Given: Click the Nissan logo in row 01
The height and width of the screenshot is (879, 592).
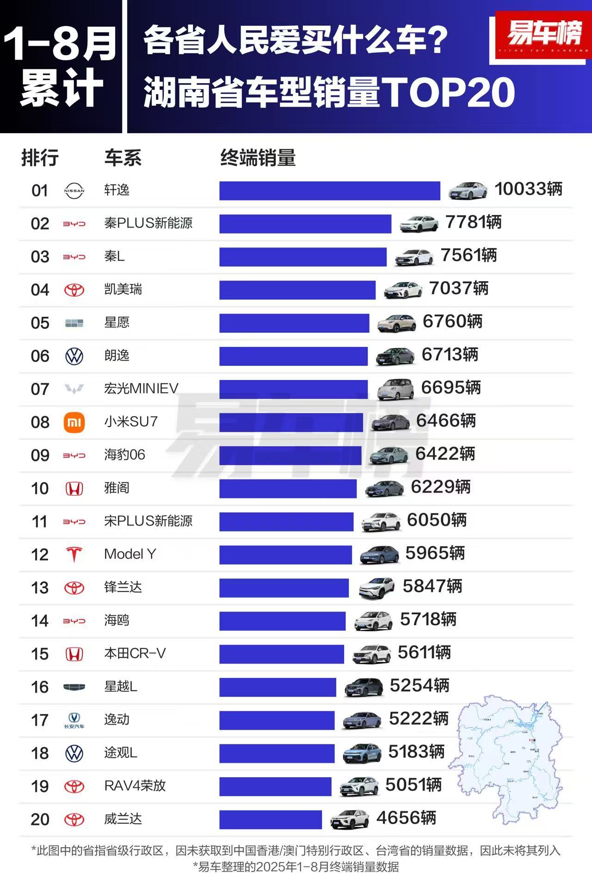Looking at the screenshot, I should coord(74,191).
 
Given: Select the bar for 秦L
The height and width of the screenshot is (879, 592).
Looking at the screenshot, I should coord(302,257).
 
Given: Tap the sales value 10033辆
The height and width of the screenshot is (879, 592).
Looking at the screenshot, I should coord(528,189).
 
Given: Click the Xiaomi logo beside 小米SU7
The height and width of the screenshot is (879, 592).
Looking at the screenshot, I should coord(74,423).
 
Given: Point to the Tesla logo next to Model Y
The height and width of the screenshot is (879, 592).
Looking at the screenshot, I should coord(74,554).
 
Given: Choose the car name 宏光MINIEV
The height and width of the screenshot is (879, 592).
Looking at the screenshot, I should coord(141,388).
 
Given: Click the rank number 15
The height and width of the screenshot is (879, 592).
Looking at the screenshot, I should coord(40,654).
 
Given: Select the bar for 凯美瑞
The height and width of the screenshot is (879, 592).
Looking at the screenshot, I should coord(297,290).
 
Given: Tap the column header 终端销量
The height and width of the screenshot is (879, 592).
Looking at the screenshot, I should coord(258,158).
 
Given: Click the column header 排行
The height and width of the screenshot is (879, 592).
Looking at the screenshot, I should coord(40,158).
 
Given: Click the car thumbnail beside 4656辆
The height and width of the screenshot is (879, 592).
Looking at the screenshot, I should coord(350,819).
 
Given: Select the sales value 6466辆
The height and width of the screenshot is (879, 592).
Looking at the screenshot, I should coord(446,421).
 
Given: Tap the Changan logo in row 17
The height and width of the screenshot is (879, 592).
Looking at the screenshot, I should coord(74,720).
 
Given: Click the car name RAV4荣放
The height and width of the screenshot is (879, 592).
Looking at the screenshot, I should coord(135,786).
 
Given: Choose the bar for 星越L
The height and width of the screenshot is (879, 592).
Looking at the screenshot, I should coord(277,687).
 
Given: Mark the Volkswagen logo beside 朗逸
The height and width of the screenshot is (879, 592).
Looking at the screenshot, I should coord(74,357).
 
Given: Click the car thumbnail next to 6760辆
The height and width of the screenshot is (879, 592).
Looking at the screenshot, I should coord(396,323).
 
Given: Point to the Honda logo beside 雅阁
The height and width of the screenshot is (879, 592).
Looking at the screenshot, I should coord(74,489).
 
